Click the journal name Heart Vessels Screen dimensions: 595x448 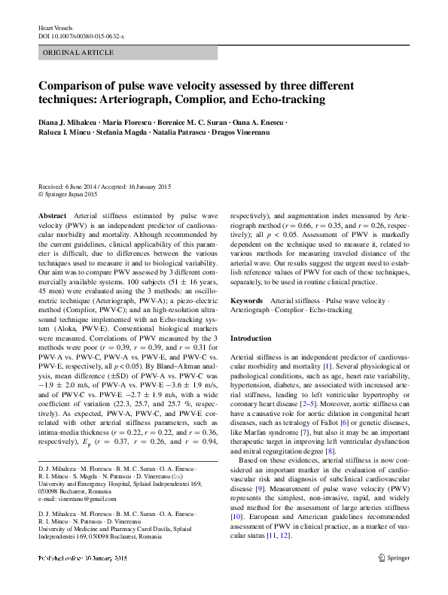pos(55,28)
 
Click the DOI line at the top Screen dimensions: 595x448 pos(81,36)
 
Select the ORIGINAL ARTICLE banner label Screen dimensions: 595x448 pos(79,53)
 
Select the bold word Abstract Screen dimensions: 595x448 pos(52,215)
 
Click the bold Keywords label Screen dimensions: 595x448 pos(247,300)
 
